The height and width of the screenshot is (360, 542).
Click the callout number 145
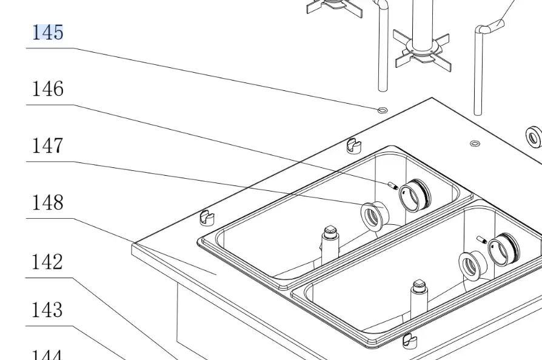47,32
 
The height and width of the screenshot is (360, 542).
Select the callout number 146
47,89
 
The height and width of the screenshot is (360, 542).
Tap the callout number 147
47,146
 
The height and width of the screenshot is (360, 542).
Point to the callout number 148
47,202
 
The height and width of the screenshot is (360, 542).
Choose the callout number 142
47,262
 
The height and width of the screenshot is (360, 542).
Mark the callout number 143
47,310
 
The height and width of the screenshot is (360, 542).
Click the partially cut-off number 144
47,355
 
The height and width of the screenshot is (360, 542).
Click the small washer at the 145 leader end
382,110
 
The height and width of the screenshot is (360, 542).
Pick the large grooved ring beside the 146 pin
416,194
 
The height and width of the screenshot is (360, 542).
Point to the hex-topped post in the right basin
419,293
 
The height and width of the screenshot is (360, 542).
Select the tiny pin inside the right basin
483,240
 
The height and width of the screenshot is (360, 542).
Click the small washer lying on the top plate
475,144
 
